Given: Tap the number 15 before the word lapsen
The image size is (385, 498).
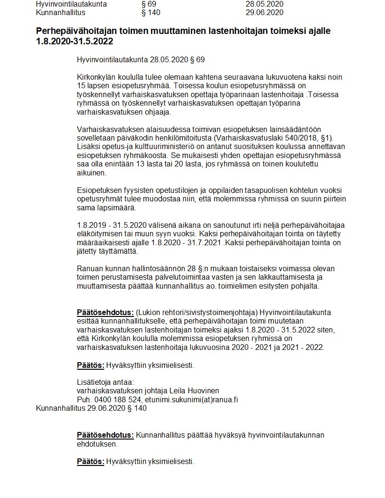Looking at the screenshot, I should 81,86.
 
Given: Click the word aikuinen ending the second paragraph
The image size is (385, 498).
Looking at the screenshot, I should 92,173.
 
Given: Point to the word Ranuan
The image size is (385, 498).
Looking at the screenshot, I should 89,268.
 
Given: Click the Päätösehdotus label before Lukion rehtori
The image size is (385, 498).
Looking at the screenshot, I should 105,312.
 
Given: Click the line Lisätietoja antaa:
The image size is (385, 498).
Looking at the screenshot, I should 105,382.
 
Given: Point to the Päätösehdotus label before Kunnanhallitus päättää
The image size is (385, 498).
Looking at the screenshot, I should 105,435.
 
